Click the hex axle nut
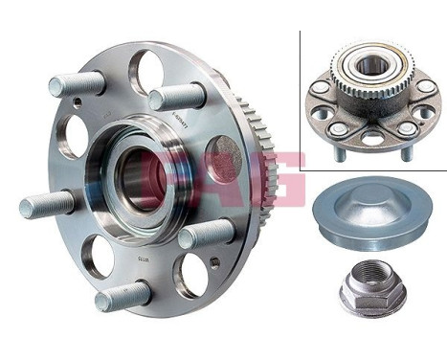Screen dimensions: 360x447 pos(372,286)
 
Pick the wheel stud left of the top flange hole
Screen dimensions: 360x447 pos(77,84)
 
